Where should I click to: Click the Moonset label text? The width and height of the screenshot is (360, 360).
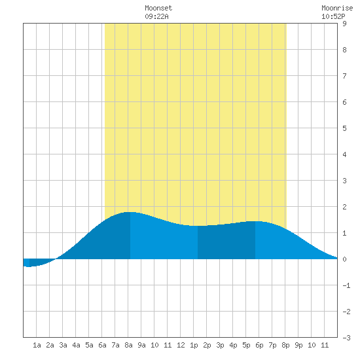pyautogui.click(x=158, y=8)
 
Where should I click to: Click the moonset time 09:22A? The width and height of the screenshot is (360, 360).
pyautogui.click(x=156, y=16)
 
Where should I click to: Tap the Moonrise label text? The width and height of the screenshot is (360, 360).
pyautogui.click(x=337, y=8)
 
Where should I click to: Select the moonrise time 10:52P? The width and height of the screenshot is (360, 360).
pyautogui.click(x=333, y=16)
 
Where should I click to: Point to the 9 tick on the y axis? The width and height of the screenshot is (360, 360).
pyautogui.click(x=344, y=24)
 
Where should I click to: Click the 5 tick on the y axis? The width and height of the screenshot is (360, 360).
pyautogui.click(x=344, y=128)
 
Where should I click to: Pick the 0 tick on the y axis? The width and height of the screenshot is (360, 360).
pyautogui.click(x=344, y=259)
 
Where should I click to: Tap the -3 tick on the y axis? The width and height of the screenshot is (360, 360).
pyautogui.click(x=346, y=338)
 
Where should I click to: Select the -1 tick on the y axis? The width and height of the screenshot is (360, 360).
pyautogui.click(x=346, y=285)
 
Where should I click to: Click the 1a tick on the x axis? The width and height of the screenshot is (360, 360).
pyautogui.click(x=37, y=345)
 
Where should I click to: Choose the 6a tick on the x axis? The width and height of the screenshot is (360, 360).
pyautogui.click(x=102, y=345)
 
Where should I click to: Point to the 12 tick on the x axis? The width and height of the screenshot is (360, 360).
pyautogui.click(x=181, y=345)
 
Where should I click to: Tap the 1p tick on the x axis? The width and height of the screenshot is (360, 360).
pyautogui.click(x=194, y=345)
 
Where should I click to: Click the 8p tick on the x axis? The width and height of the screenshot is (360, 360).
pyautogui.click(x=285, y=345)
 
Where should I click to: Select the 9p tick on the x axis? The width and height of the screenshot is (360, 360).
pyautogui.click(x=298, y=345)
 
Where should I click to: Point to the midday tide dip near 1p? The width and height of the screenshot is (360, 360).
pyautogui.click(x=198, y=226)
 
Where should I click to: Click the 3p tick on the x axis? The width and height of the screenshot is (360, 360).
pyautogui.click(x=220, y=345)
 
